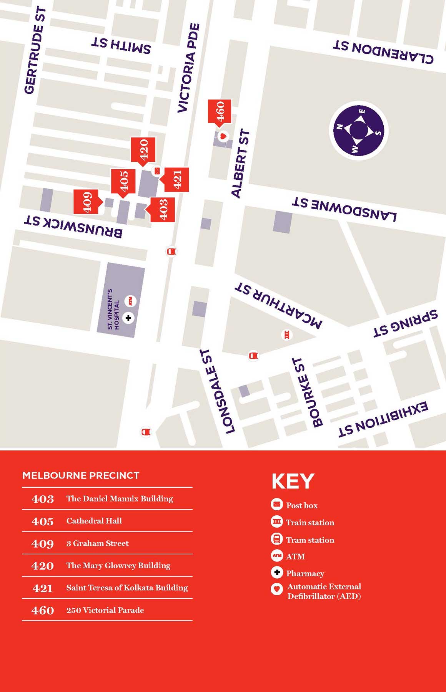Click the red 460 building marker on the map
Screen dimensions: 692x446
[x=220, y=111]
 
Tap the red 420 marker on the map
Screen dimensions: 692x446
[x=143, y=149]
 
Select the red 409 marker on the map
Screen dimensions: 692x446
[x=86, y=202]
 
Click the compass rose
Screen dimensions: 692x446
[x=358, y=131]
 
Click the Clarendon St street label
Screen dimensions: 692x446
[x=383, y=51]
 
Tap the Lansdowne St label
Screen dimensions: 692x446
[x=344, y=209]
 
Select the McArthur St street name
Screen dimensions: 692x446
[x=278, y=305]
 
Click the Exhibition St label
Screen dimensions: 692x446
[x=383, y=420]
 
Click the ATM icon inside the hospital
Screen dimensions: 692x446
[x=131, y=301]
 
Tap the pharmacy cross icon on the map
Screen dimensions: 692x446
[x=128, y=318]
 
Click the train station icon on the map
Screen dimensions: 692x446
[x=286, y=335]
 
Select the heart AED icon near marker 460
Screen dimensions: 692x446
[x=223, y=136]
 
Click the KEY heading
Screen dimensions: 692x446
[x=293, y=481]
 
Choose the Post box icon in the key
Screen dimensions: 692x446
[x=277, y=504]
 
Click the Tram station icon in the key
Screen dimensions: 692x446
[x=277, y=539]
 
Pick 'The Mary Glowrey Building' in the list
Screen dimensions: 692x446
[x=118, y=565]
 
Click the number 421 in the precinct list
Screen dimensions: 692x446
[x=43, y=588]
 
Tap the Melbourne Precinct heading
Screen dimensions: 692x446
[x=81, y=475]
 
